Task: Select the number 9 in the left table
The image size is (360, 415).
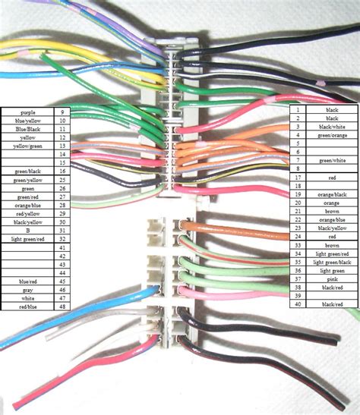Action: click(62, 112)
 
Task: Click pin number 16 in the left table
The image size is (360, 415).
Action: click(62, 171)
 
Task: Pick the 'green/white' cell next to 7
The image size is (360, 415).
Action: click(332, 161)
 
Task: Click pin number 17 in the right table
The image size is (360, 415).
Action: click(298, 178)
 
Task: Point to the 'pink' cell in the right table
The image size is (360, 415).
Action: click(332, 278)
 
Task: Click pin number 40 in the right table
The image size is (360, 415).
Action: click(298, 303)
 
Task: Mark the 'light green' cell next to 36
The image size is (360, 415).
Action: click(332, 270)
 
